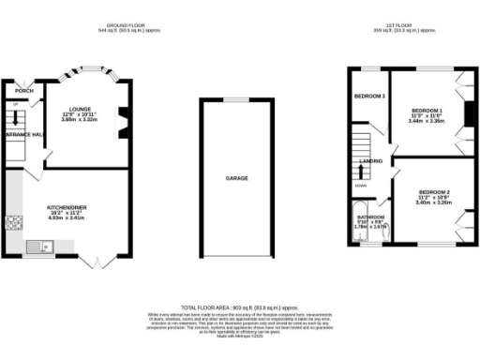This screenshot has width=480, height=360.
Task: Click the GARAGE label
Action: tap(236, 177)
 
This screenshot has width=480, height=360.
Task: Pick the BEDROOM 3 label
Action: tap(370, 97)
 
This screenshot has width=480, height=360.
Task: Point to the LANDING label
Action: tap(371, 161)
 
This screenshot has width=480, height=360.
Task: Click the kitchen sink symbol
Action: tap(44, 247)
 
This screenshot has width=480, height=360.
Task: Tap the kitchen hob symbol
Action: tap(15, 223)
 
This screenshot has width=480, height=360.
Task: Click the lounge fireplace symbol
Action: tap(122, 122)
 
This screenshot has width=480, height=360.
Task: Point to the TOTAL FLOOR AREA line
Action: tap(239, 307)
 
